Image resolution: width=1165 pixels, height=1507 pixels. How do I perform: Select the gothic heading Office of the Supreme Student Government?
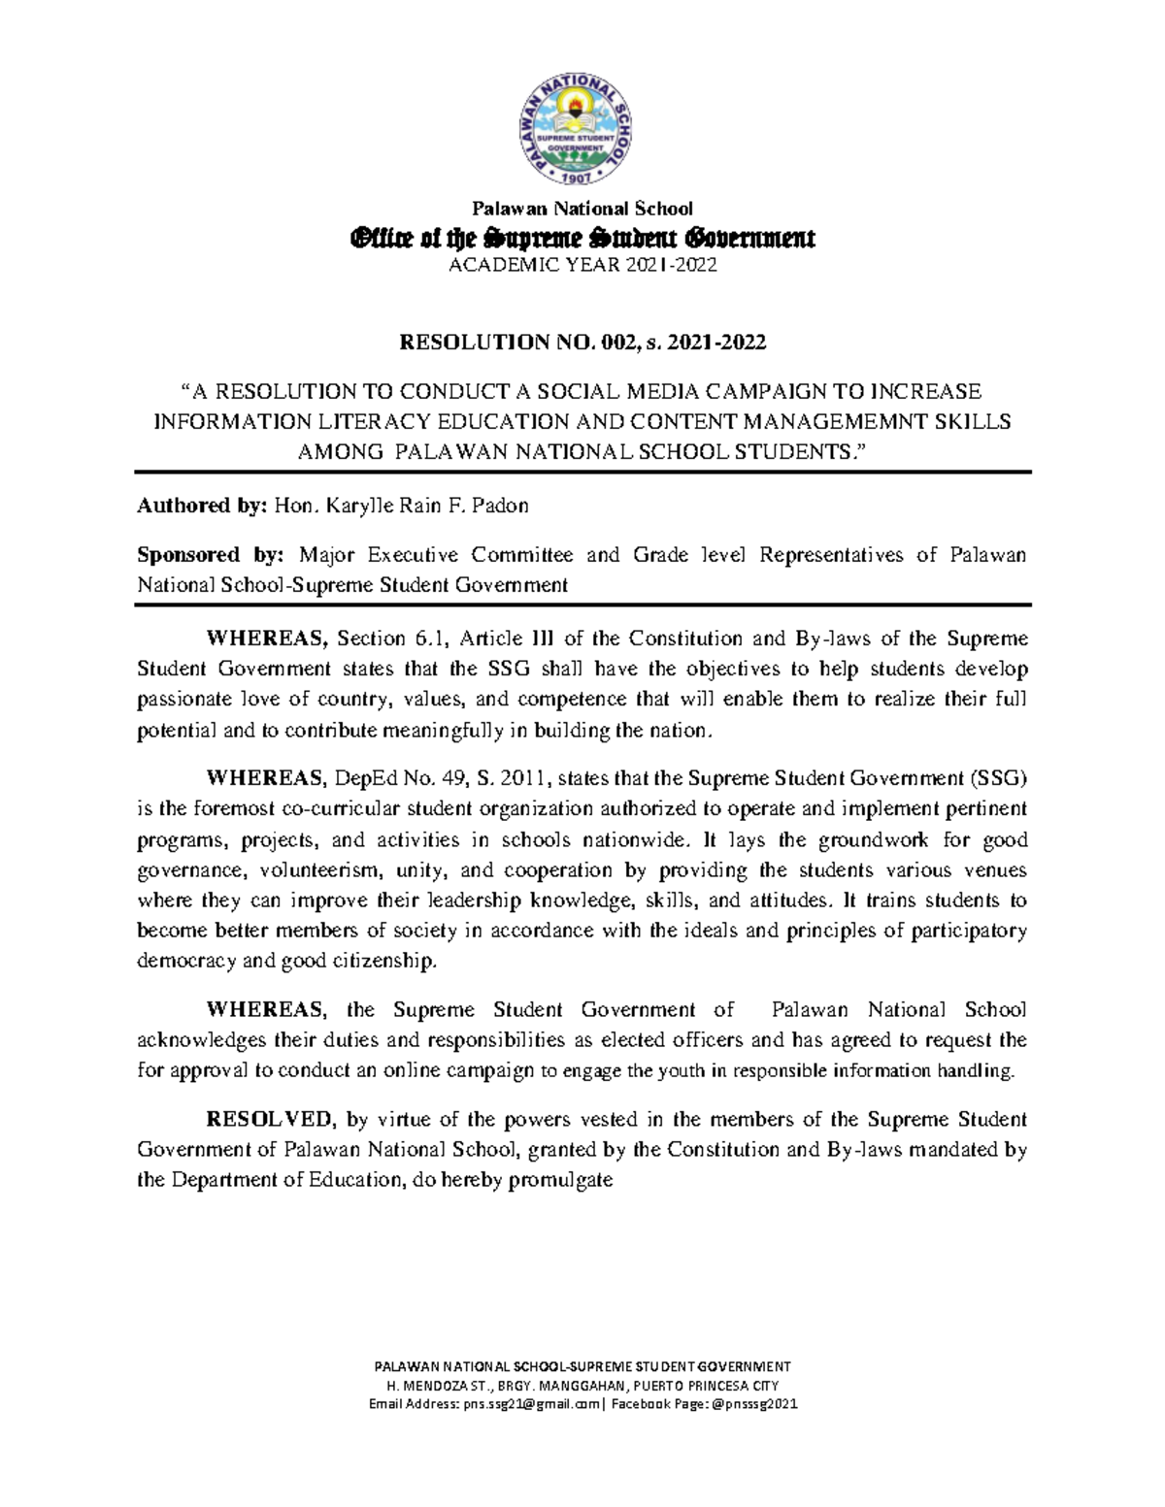pos(582,238)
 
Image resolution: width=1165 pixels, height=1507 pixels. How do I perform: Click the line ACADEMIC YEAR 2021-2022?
pos(582,266)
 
